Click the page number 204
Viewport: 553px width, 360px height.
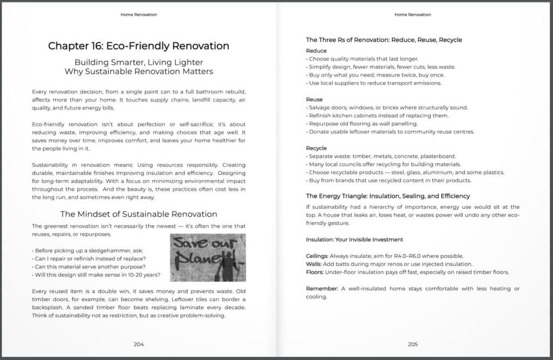(139, 344)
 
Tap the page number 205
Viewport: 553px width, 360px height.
(413, 344)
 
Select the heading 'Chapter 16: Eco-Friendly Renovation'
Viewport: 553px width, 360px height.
(139, 46)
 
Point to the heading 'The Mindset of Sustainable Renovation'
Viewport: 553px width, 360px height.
(139, 214)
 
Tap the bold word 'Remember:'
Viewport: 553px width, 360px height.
(322, 289)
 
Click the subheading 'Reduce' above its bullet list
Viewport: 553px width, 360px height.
(316, 51)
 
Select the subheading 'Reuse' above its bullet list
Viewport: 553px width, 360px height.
(314, 99)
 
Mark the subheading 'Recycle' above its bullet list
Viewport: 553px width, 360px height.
(317, 148)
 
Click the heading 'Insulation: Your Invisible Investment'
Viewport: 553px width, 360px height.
(354, 239)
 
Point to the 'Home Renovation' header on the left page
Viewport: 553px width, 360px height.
(139, 15)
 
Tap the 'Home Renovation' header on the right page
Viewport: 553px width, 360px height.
(413, 15)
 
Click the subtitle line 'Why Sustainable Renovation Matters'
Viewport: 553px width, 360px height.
(139, 71)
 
